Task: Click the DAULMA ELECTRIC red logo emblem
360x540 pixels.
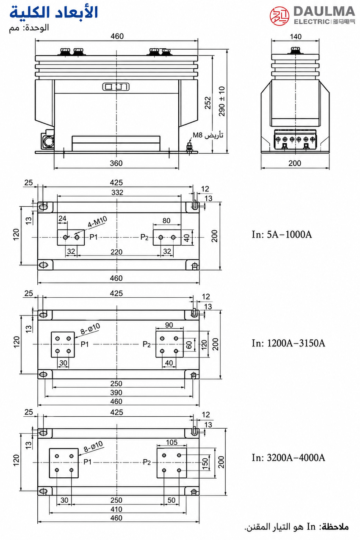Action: pos(280,16)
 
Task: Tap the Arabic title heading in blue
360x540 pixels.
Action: pos(53,12)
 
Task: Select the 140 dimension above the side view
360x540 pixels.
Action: pos(296,37)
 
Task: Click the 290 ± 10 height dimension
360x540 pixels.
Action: pos(222,101)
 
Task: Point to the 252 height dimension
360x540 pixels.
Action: pos(208,103)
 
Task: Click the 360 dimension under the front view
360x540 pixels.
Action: pos(116,163)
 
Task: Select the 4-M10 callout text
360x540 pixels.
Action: pos(97,222)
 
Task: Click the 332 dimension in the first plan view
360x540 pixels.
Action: pos(117,192)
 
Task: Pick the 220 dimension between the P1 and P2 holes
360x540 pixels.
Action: pos(116,252)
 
